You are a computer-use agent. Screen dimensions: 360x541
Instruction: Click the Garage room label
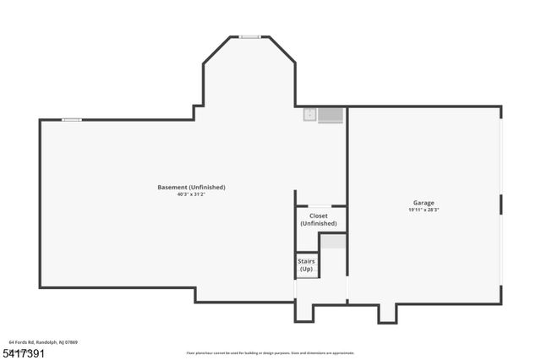(x=424, y=203)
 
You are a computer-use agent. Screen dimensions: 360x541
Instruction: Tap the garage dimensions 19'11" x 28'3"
(x=424, y=210)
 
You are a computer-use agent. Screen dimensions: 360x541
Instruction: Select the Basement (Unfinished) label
(x=191, y=187)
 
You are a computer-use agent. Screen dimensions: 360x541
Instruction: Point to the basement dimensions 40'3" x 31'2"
(x=191, y=194)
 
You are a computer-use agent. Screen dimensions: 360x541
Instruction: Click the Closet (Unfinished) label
(x=318, y=220)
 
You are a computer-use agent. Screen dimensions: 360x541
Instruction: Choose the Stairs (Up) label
(x=306, y=265)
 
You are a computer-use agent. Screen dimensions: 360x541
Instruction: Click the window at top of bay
(x=249, y=36)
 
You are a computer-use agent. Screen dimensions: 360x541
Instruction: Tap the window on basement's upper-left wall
(x=72, y=119)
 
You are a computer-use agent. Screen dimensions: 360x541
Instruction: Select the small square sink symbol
(x=310, y=115)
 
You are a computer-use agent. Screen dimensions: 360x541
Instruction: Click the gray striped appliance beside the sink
(x=330, y=116)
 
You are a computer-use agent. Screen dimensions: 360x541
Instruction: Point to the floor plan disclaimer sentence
(x=270, y=352)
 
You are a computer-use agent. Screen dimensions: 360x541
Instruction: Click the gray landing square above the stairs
(x=334, y=241)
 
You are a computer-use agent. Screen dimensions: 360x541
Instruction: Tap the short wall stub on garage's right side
(x=500, y=204)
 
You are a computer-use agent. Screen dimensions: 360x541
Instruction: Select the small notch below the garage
(x=387, y=313)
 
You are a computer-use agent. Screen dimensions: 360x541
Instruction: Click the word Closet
(x=318, y=215)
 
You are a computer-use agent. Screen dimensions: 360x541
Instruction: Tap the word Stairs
(x=306, y=262)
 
